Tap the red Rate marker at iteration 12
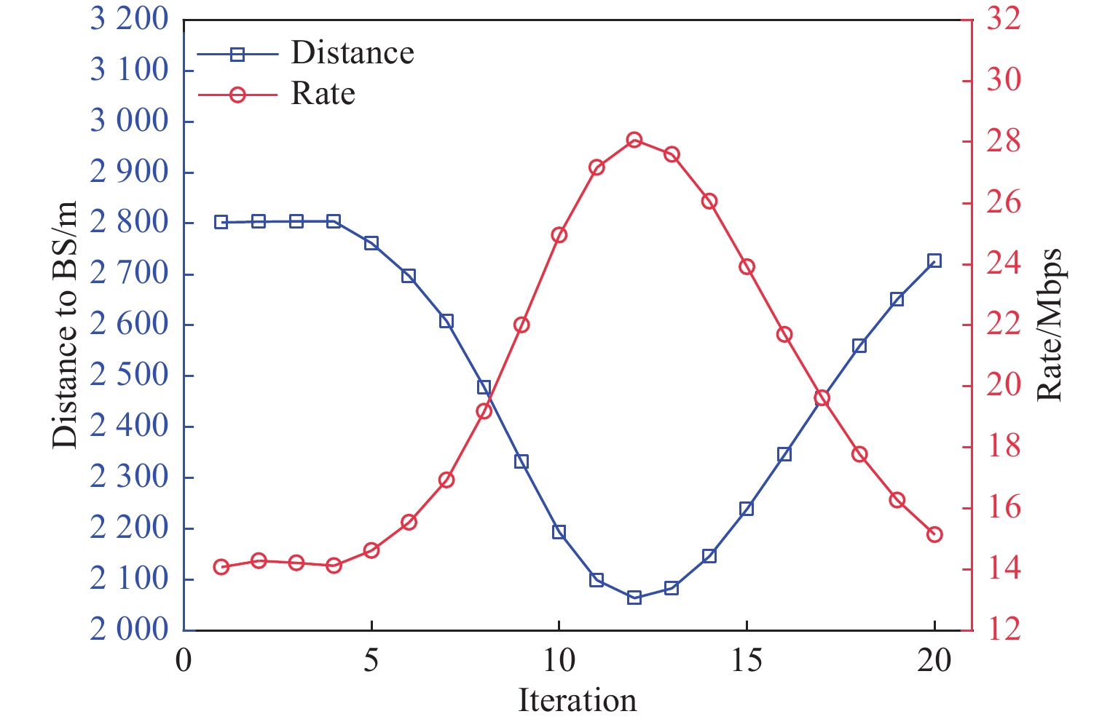634,140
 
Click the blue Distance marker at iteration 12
634,598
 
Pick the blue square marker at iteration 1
221,222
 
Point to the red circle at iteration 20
934,534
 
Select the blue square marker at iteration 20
934,261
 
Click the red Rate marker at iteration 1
221,567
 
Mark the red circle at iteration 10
559,235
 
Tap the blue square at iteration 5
371,243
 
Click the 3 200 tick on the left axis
129,20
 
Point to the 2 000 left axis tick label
129,630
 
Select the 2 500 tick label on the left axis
129,376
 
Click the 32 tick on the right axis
1004,20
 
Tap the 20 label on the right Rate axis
1004,385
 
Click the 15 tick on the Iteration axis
747,661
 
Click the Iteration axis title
577,700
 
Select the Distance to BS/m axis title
65,325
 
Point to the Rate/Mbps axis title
1049,325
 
